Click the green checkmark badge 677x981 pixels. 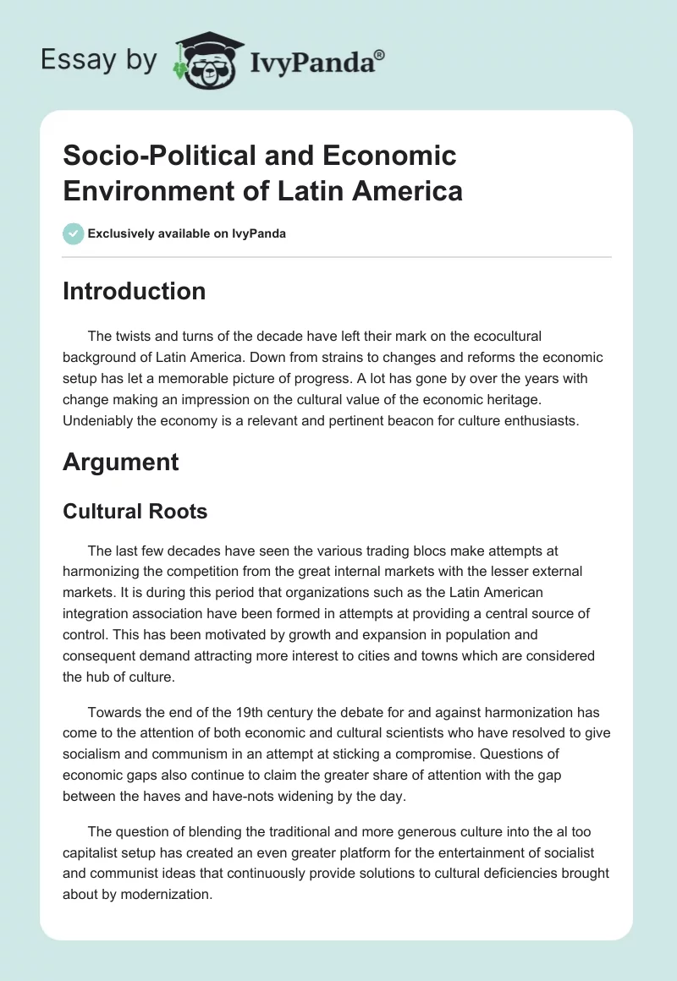[x=74, y=233]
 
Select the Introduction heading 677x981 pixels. [x=135, y=291]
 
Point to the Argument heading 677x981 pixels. [x=121, y=462]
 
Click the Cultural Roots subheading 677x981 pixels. [x=135, y=511]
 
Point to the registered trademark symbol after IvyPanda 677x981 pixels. [x=380, y=55]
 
